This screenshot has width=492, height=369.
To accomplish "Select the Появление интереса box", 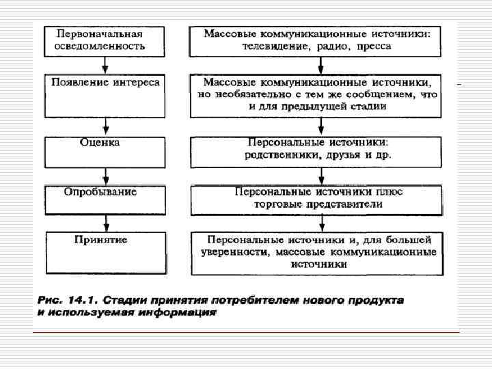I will tap(105, 95).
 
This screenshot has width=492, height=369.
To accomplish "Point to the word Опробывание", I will tap(100, 192).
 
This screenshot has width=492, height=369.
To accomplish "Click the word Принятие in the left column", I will tap(100, 240).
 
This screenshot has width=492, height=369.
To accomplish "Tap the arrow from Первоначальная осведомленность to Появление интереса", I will tap(105, 66).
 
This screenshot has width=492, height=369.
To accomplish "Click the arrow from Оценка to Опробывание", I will tap(105, 176).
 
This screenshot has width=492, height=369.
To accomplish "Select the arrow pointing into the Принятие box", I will tap(105, 223).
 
